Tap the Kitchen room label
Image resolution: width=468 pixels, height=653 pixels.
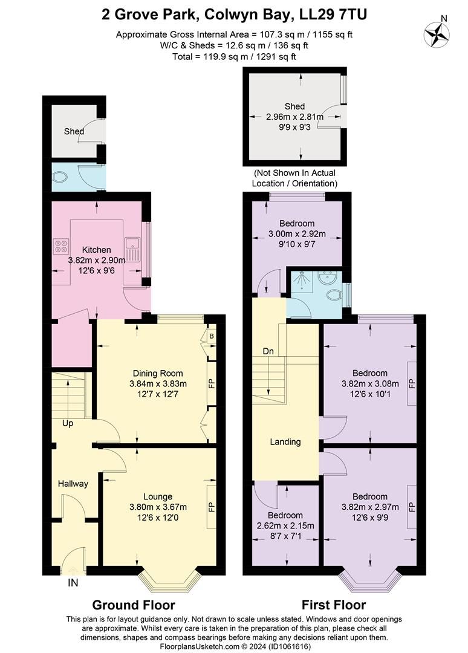click(x=97, y=250)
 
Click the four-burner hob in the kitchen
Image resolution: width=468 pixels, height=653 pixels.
click(x=62, y=246)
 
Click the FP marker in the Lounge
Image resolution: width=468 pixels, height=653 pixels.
click(x=212, y=507)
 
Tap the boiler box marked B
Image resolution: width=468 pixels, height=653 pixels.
click(x=211, y=336)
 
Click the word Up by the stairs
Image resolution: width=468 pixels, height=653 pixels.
click(x=68, y=423)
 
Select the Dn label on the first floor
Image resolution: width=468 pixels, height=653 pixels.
click(x=268, y=351)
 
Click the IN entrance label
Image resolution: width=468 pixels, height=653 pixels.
click(x=73, y=583)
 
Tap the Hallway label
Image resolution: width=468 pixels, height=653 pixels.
click(x=73, y=483)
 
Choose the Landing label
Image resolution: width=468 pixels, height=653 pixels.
click(x=285, y=441)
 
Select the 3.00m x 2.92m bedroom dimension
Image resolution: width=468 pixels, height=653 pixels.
click(x=296, y=234)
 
